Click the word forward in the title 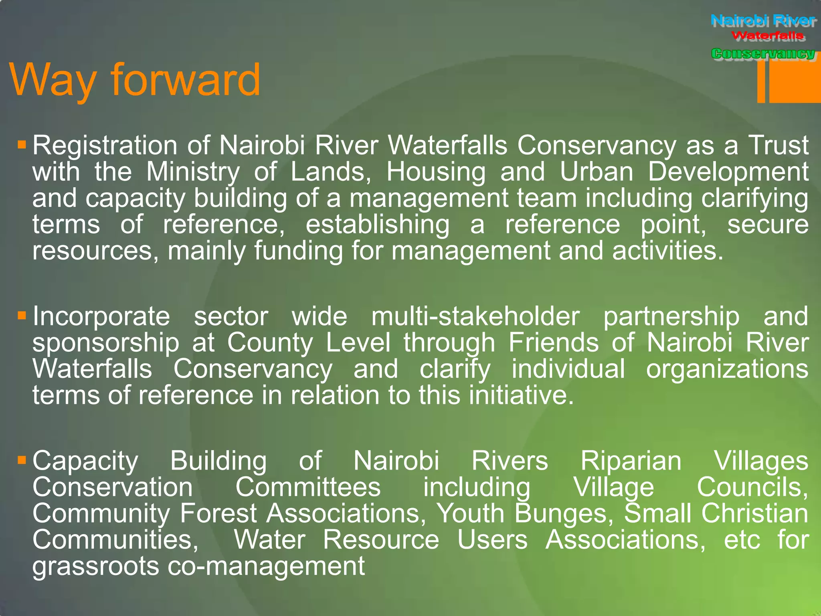click(185, 80)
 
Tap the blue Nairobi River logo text click(763, 20)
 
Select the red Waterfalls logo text click(768, 36)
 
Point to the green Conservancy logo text click(763, 53)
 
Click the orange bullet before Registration click(22, 144)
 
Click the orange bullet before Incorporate click(22, 315)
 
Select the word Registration click(105, 145)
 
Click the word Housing click(436, 172)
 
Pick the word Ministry click(193, 172)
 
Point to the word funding click(298, 251)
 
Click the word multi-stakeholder click(475, 317)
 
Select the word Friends click(554, 343)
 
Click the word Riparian click(631, 461)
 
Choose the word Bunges click(564, 514)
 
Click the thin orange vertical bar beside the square click(761, 82)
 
